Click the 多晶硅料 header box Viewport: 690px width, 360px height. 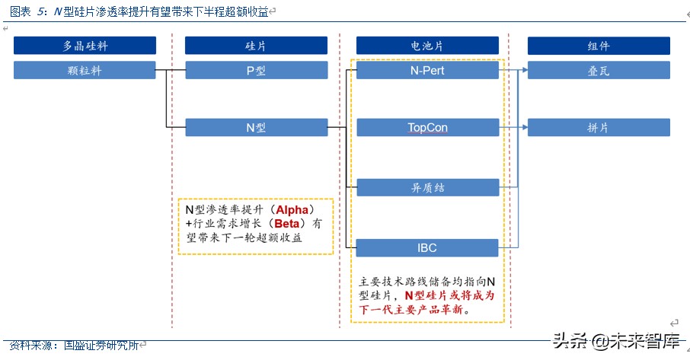85,46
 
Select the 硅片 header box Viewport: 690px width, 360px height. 256,46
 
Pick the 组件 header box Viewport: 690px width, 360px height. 599,46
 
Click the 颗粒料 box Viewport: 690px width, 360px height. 85,71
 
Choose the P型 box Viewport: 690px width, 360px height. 256,71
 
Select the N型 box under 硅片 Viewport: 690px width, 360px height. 256,127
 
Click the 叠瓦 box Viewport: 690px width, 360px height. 599,71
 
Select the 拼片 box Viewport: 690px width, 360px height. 599,127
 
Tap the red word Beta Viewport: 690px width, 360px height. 287,223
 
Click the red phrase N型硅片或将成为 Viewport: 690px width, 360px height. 449,295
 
